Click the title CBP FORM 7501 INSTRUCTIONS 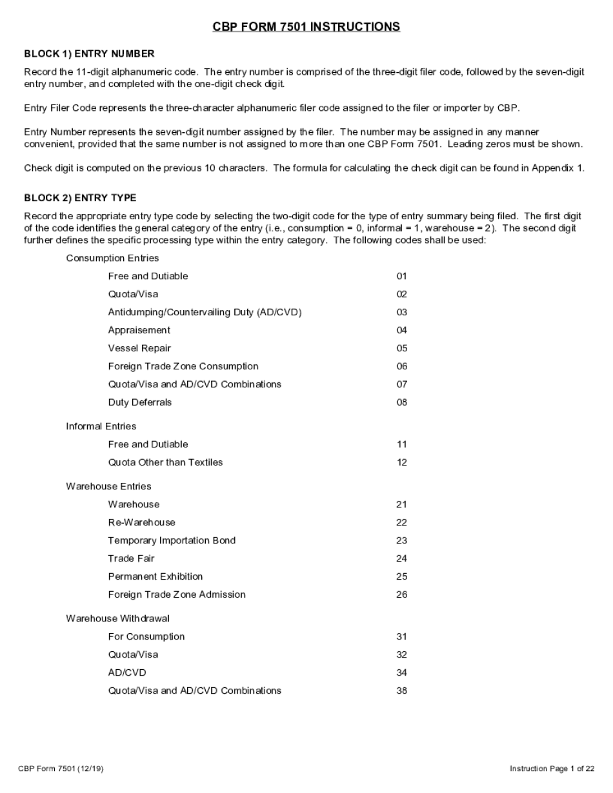(x=306, y=27)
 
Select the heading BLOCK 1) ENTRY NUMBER (x=89, y=54)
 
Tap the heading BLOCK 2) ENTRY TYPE (x=80, y=198)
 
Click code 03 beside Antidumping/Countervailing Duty (x=402, y=313)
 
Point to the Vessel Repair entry (x=139, y=349)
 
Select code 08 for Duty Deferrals (x=402, y=403)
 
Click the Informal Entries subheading (x=101, y=427)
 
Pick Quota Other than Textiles (x=165, y=463)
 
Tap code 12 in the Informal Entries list (x=402, y=463)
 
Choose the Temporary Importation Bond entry (x=172, y=541)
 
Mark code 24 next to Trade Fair (x=402, y=559)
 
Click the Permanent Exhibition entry (x=155, y=577)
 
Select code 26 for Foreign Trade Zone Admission (x=402, y=595)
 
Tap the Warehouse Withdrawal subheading (x=117, y=619)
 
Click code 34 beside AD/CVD (x=402, y=673)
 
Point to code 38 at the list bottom (x=402, y=691)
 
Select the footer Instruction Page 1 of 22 (x=552, y=769)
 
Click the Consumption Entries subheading (x=112, y=259)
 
